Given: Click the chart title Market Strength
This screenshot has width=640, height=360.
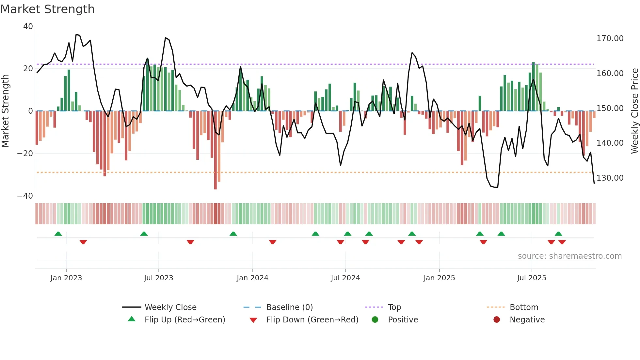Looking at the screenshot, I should [x=47, y=9].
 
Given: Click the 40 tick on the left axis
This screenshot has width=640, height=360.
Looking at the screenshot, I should [x=28, y=26].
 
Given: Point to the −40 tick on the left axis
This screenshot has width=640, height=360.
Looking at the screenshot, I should [x=25, y=196].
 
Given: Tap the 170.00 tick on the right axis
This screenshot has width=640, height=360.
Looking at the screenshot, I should [x=610, y=39].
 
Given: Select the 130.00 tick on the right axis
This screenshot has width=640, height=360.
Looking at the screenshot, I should [x=610, y=178].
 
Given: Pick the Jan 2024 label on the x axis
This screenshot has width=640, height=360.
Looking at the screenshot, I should [x=252, y=278].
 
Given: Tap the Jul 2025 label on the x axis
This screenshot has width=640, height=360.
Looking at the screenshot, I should [x=532, y=278].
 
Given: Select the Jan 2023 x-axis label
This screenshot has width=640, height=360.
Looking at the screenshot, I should [x=66, y=278].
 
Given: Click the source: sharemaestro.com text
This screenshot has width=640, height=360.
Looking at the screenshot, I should [x=569, y=256].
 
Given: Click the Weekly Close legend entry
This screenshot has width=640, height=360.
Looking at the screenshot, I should [x=170, y=307].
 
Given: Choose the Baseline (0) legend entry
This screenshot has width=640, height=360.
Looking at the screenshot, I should [x=289, y=307].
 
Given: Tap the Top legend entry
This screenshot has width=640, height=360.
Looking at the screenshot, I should [x=394, y=307].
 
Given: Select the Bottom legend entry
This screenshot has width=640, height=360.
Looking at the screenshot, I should [x=524, y=307].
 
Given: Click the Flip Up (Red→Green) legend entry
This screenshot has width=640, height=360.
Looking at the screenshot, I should [x=185, y=320].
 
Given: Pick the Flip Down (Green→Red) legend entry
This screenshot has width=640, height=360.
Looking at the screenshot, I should [x=312, y=320].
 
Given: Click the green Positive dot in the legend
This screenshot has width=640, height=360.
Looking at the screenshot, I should [x=375, y=320].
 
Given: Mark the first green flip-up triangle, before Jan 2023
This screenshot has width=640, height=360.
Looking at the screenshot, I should [x=58, y=234].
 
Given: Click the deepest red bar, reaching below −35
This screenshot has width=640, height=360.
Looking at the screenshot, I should [x=216, y=150].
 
